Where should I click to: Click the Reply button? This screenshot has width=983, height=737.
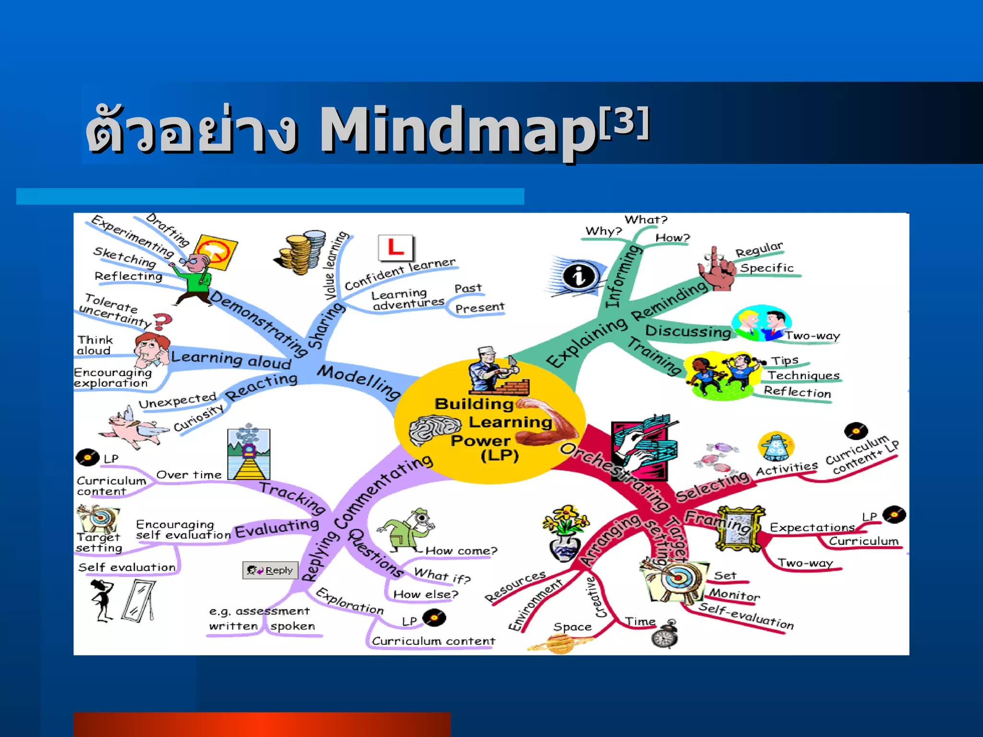[x=270, y=570]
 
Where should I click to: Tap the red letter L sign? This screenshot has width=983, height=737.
[x=396, y=248]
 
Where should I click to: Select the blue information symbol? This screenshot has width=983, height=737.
[x=578, y=276]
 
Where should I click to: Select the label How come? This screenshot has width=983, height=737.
[x=461, y=551]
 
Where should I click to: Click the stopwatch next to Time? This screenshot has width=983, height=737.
[x=665, y=636]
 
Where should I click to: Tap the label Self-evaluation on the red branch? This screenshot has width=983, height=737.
[x=745, y=616]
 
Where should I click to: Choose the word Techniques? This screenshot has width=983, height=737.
[x=803, y=376]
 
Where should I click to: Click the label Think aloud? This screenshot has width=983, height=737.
[x=95, y=345]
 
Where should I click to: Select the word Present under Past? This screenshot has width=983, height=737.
[x=480, y=308]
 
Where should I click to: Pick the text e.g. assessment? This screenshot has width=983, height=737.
[x=259, y=611]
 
